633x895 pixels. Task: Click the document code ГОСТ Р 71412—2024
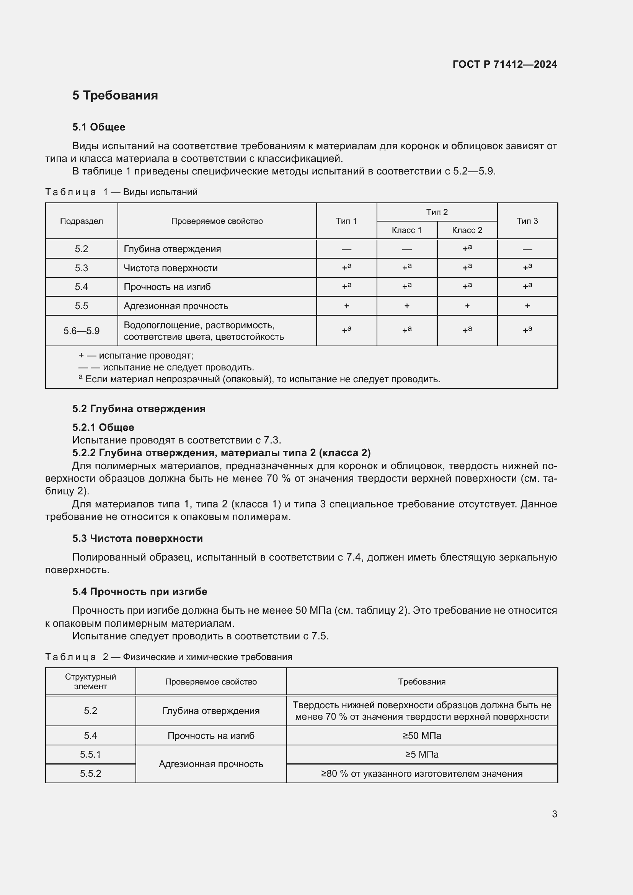(x=504, y=64)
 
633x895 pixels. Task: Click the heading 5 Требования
(x=115, y=96)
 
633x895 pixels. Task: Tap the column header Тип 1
(x=346, y=221)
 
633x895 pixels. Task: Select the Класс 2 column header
(x=467, y=230)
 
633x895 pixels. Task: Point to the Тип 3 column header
(x=527, y=221)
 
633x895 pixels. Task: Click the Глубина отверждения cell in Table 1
(x=172, y=249)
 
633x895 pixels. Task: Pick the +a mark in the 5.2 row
(x=467, y=249)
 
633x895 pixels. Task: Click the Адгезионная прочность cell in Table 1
(x=176, y=306)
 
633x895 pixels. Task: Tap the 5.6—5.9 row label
(x=82, y=331)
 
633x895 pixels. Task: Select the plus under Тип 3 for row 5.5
(x=527, y=306)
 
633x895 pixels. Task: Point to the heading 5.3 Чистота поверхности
(x=138, y=538)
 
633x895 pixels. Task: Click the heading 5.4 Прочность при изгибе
(x=140, y=592)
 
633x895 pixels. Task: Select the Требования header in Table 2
(x=422, y=682)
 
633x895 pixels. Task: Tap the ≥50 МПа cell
(x=422, y=735)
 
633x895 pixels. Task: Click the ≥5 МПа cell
(x=422, y=754)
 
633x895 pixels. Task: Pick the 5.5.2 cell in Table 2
(x=90, y=773)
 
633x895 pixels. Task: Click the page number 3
(x=554, y=814)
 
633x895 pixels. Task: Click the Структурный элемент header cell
(x=90, y=681)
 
